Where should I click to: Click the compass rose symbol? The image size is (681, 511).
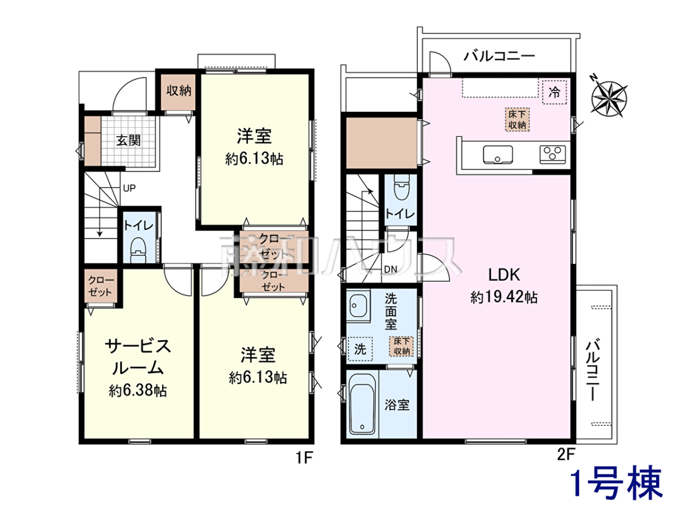[608, 98]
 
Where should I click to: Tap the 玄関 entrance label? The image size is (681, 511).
[128, 141]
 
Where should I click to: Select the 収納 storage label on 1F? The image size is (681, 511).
[179, 91]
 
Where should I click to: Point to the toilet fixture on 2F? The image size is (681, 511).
[401, 187]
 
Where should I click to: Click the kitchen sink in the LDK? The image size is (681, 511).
[498, 154]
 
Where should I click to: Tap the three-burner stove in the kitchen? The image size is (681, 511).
[553, 154]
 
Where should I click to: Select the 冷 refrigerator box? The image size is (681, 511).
[554, 92]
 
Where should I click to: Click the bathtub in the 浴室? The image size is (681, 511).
[362, 404]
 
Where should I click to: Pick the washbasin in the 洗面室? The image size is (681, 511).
[358, 305]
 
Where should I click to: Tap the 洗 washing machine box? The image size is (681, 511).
[360, 349]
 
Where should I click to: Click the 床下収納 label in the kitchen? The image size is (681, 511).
[517, 119]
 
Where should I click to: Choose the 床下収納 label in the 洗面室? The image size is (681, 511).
[402, 346]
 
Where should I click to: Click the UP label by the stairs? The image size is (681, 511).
[129, 188]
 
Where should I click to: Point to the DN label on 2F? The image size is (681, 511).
[390, 269]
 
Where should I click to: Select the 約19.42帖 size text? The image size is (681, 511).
[504, 297]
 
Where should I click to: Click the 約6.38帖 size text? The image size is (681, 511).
[138, 391]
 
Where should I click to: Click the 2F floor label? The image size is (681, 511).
[566, 455]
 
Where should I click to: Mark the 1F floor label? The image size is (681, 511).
[304, 458]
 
